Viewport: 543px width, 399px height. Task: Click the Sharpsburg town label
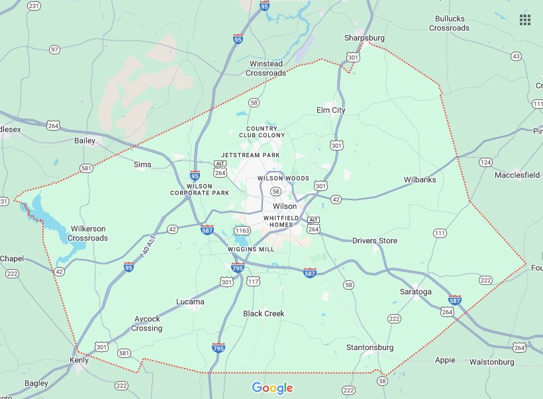tap(364, 38)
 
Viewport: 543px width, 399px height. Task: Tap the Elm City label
tap(331, 110)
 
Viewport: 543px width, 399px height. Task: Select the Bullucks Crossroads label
tap(449, 23)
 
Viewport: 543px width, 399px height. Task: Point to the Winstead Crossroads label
tap(267, 68)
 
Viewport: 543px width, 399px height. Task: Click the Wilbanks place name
tap(420, 180)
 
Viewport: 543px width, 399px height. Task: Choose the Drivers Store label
tap(375, 241)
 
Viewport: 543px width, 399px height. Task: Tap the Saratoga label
tap(416, 292)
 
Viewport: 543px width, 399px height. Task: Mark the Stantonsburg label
tap(370, 347)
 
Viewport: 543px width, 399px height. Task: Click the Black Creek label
tap(263, 313)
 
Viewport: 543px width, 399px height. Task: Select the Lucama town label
tap(190, 302)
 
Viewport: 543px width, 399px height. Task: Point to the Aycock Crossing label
tap(147, 323)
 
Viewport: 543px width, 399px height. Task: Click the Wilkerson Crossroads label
tap(87, 233)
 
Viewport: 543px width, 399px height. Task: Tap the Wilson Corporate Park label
tap(208, 190)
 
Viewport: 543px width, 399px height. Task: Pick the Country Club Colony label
tap(266, 131)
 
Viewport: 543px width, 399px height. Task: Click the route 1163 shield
tap(241, 231)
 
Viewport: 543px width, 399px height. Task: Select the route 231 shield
tap(34, 5)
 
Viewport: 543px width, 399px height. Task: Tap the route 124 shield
tap(485, 162)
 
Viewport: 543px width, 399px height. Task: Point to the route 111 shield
tap(440, 233)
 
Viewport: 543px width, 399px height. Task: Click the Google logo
tap(272, 388)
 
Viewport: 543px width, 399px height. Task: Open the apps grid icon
tap(525, 19)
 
